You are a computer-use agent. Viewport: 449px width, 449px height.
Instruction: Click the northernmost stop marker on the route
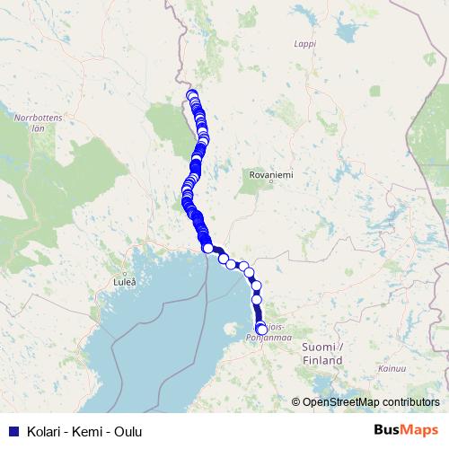coord(190,94)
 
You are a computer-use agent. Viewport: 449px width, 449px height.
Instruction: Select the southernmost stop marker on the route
coord(261,330)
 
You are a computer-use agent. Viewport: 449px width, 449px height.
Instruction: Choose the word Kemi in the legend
coord(83,432)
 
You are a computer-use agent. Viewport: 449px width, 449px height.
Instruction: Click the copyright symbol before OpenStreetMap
coord(296,401)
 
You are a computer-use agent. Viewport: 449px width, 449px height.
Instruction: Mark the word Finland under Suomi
coord(323,359)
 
